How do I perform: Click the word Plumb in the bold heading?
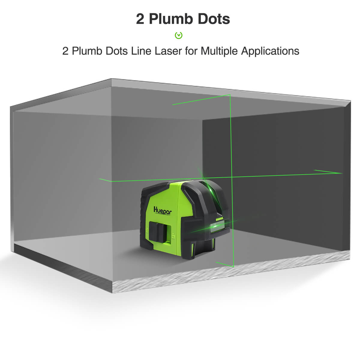click(171, 19)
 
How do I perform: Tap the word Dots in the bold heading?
click(214, 19)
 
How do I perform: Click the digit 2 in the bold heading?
click(140, 19)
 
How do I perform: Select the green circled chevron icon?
click(178, 35)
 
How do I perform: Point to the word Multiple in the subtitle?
click(219, 51)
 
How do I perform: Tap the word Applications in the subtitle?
click(270, 51)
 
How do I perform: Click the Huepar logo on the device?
click(163, 211)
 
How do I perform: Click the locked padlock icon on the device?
click(147, 230)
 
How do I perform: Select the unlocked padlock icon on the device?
click(173, 236)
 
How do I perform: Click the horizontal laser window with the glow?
click(217, 227)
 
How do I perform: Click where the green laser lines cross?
click(232, 177)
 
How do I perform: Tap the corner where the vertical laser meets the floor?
click(233, 267)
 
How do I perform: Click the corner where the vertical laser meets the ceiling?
click(230, 95)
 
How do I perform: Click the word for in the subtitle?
click(191, 51)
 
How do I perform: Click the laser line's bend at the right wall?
click(342, 173)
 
